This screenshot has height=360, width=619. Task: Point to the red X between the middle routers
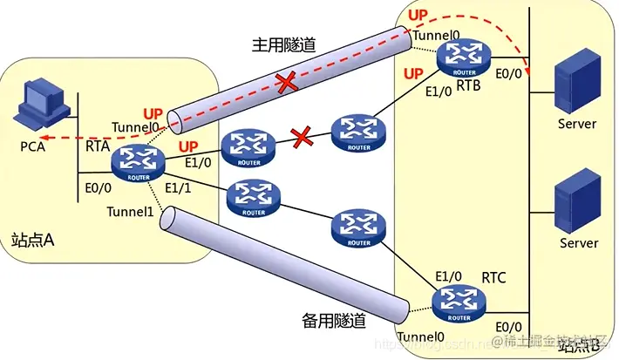tap(302, 136)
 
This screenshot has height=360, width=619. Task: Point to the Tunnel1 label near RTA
tap(128, 212)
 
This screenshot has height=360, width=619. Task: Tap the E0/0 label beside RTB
tap(509, 77)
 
